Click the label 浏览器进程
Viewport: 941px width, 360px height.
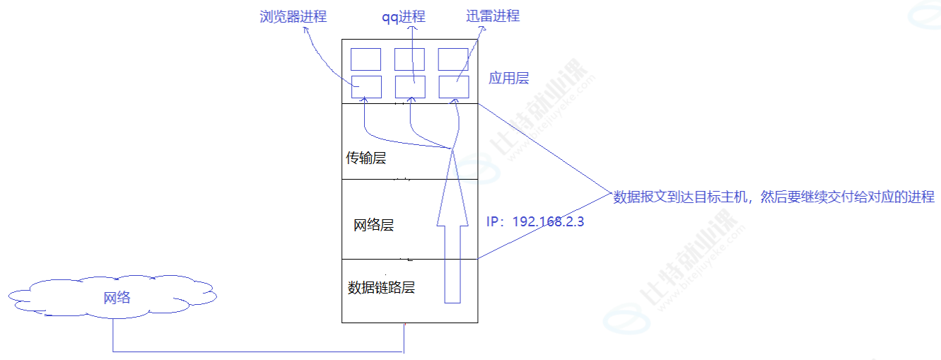click(293, 16)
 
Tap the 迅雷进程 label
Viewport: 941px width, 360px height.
click(493, 16)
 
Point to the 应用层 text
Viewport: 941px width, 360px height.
click(508, 78)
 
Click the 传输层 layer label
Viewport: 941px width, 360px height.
click(366, 158)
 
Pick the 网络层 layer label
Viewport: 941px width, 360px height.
click(373, 226)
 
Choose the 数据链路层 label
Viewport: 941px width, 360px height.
click(380, 288)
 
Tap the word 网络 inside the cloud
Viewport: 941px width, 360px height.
click(117, 298)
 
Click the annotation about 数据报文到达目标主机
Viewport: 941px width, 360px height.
click(773, 197)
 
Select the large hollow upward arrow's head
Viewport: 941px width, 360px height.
click(452, 184)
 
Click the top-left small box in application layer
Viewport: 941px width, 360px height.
click(366, 59)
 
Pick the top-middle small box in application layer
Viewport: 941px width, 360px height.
click(409, 59)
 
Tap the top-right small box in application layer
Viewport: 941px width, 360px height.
click(453, 59)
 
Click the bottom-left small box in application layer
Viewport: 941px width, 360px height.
click(366, 86)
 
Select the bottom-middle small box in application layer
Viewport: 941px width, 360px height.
click(410, 86)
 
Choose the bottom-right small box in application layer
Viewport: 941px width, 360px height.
click(454, 86)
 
